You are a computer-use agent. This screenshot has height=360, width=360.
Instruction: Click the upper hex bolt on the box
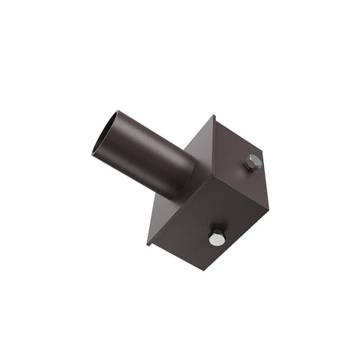252,162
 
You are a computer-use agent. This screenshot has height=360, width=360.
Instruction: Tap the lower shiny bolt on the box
216,238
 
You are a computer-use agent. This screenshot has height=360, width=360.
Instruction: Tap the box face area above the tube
202,142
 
